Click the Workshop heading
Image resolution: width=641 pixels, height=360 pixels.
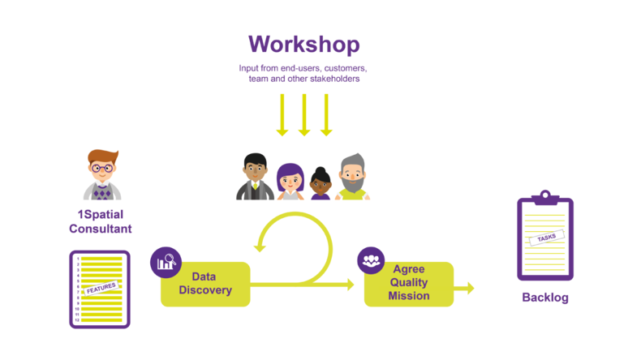pyautogui.click(x=303, y=44)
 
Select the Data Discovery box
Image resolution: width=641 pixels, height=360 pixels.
pyautogui.click(x=206, y=284)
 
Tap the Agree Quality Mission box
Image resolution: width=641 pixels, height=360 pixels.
pyautogui.click(x=409, y=283)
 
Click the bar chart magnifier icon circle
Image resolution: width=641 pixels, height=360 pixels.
pyautogui.click(x=166, y=262)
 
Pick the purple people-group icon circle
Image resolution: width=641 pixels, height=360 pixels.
pyautogui.click(x=371, y=259)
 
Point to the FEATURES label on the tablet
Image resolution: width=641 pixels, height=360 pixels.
pyautogui.click(x=101, y=288)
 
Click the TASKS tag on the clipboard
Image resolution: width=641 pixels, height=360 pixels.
pyautogui.click(x=546, y=238)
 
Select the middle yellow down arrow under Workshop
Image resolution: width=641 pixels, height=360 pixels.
pyautogui.click(x=304, y=114)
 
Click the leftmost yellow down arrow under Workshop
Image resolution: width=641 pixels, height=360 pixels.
pyautogui.click(x=282, y=114)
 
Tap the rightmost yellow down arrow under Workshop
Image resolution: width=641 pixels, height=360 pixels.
pyautogui.click(x=326, y=114)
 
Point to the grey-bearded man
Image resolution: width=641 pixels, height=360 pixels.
pyautogui.click(x=352, y=177)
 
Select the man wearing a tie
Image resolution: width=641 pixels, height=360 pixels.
pyautogui.click(x=255, y=177)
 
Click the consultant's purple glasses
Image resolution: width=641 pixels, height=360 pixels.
pyautogui.click(x=102, y=168)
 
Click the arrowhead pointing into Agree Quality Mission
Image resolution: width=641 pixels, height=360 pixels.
pyautogui.click(x=351, y=284)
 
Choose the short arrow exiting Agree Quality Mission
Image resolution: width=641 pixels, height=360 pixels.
pyautogui.click(x=466, y=288)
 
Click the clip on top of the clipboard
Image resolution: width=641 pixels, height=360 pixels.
pyautogui.click(x=545, y=195)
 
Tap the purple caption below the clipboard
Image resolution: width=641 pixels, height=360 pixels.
pyautogui.click(x=544, y=298)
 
